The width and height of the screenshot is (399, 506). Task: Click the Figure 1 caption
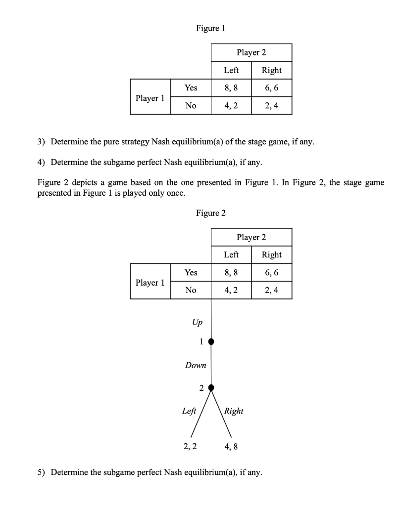point(210,28)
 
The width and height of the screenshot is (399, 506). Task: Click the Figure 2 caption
point(210,213)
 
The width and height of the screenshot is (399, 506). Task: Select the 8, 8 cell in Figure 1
point(231,87)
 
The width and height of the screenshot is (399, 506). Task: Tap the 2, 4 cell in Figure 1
point(271,105)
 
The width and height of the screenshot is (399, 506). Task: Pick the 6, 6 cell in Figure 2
point(271,272)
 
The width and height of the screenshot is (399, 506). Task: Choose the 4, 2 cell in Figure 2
point(231,290)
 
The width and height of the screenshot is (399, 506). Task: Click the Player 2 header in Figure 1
point(251,52)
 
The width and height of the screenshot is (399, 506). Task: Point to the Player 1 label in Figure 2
point(150,282)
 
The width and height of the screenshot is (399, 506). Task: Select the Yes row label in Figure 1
point(191,87)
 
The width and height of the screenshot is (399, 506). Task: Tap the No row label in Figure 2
point(191,290)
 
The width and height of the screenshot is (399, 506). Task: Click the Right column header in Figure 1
point(271,70)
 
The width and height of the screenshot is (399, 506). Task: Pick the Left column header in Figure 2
point(231,255)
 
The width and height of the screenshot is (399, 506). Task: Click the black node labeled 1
point(211,341)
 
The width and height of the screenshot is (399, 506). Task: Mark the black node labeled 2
point(211,387)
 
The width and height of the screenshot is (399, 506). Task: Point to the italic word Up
point(197,322)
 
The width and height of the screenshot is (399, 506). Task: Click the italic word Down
point(195,365)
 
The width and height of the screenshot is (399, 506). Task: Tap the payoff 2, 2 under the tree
point(190,447)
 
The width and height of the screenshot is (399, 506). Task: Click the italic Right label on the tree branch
point(234,411)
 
